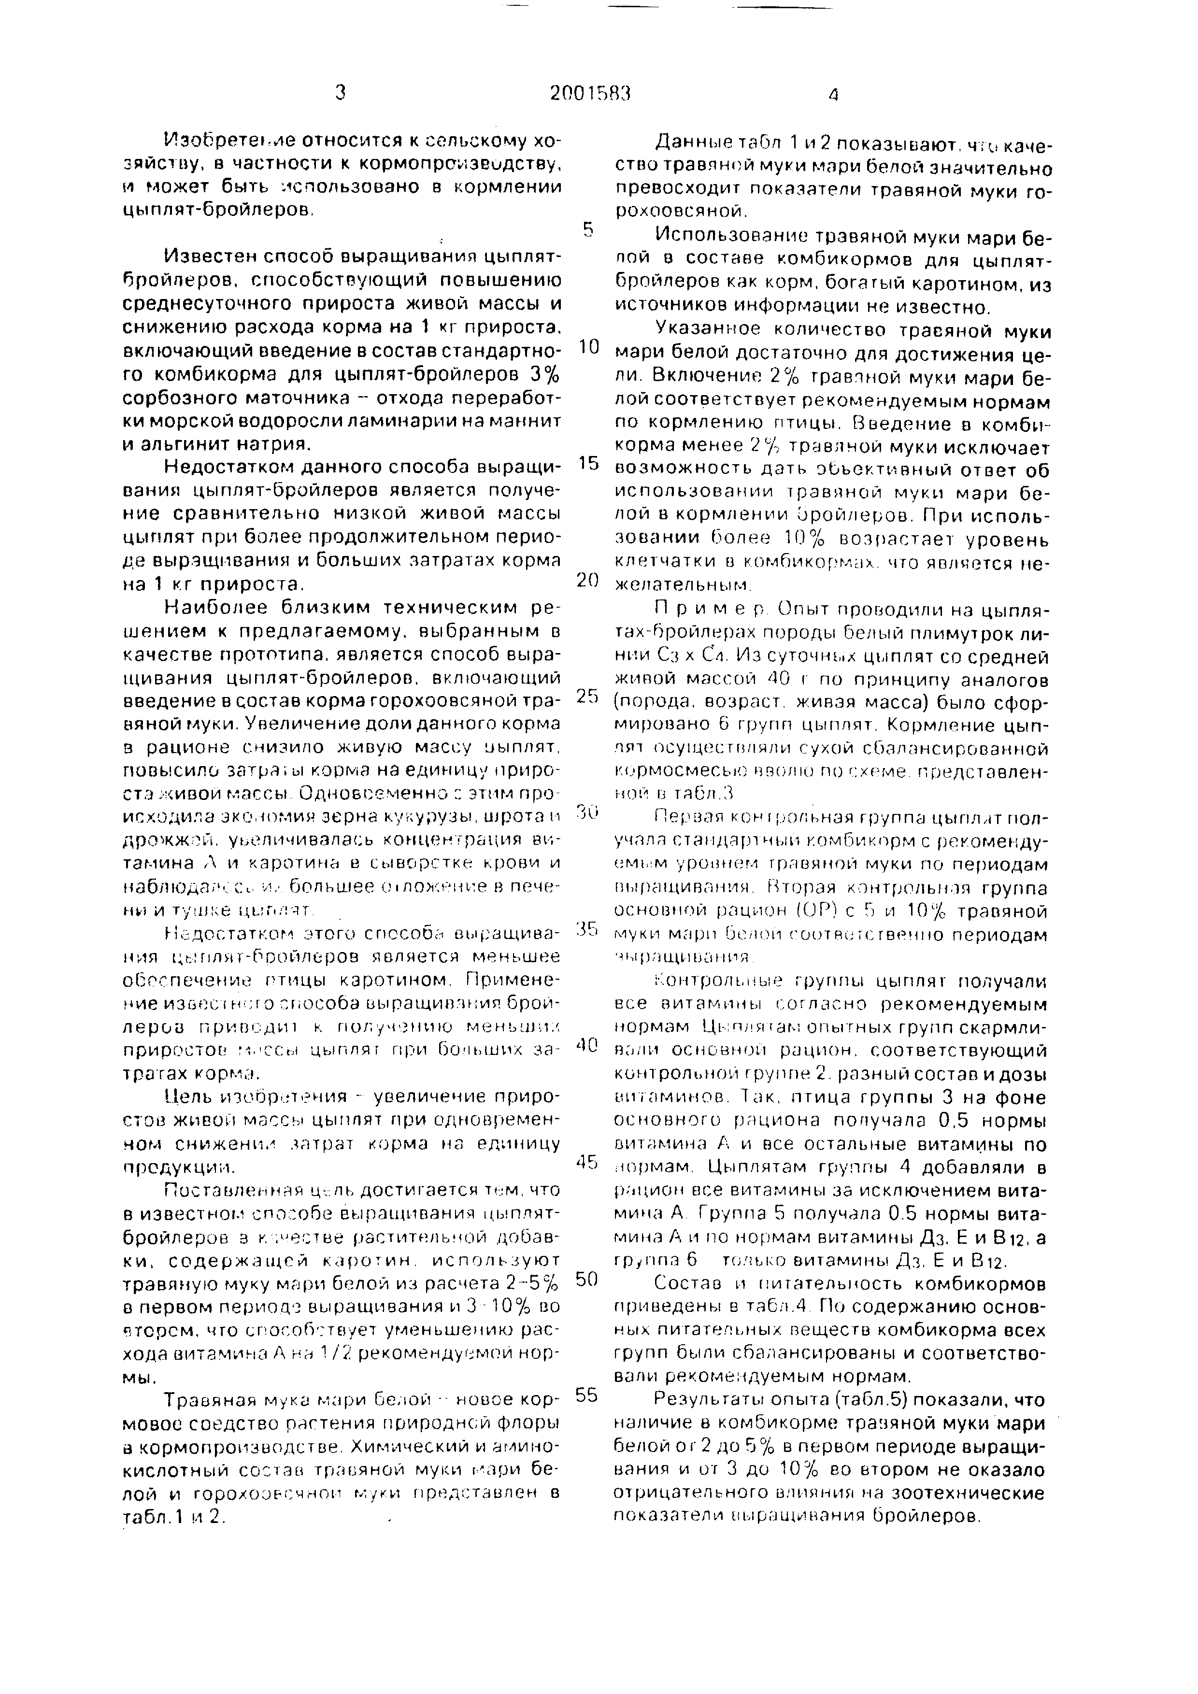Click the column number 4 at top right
(x=834, y=95)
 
